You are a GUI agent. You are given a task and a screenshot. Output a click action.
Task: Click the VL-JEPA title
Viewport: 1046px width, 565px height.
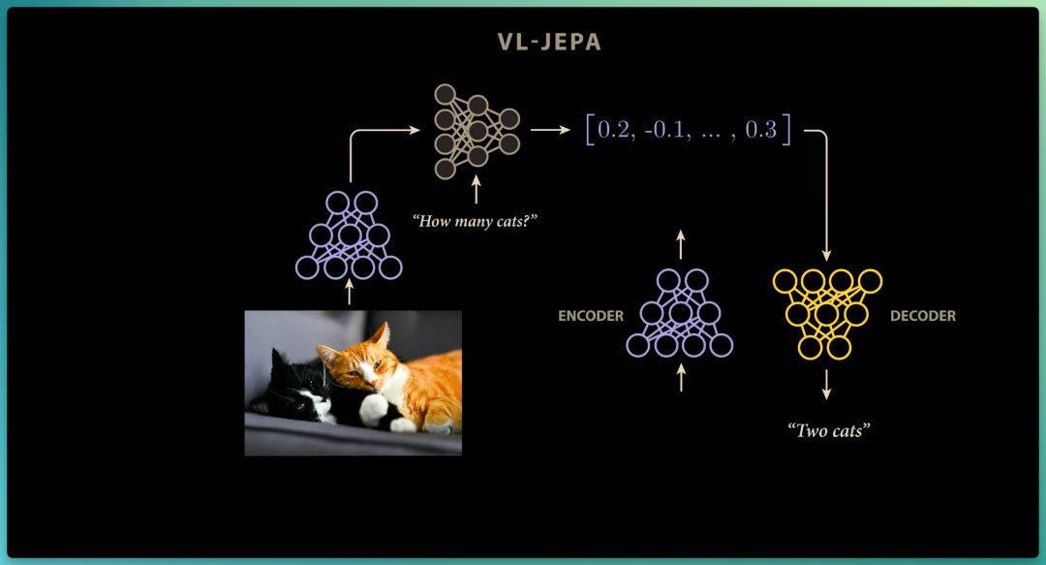tap(549, 42)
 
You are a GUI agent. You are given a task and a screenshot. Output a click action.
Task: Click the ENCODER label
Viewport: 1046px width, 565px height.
tap(591, 316)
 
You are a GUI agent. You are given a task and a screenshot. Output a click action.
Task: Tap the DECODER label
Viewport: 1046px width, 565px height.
tap(923, 316)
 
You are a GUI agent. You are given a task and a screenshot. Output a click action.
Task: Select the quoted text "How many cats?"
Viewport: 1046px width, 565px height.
tap(475, 221)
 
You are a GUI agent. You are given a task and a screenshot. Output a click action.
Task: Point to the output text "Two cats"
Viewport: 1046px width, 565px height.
tap(828, 430)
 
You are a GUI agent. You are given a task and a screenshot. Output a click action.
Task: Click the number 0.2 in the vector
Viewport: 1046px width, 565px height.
tap(613, 130)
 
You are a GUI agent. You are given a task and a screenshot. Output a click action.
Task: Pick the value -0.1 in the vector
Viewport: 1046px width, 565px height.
tap(666, 130)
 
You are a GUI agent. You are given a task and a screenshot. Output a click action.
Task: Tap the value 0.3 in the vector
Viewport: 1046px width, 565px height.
tap(760, 130)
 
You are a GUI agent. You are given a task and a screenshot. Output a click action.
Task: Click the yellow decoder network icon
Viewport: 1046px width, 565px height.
tap(827, 314)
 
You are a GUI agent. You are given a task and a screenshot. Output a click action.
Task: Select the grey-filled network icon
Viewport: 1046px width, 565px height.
tap(477, 131)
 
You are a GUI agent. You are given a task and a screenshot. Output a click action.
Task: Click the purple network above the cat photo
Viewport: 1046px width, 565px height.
tap(349, 235)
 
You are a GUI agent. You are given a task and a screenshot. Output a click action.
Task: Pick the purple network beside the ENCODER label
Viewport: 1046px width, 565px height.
tap(680, 313)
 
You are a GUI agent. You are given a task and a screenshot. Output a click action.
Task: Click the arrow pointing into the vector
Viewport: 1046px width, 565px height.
tap(550, 130)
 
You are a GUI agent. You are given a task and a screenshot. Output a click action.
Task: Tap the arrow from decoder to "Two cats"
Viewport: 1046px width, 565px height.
tap(826, 385)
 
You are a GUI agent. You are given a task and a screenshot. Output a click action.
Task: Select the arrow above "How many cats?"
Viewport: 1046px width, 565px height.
tap(476, 190)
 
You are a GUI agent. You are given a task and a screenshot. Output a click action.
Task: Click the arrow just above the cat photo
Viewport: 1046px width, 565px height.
tap(349, 292)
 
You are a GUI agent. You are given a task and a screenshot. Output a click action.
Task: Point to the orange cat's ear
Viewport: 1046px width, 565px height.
tap(381, 334)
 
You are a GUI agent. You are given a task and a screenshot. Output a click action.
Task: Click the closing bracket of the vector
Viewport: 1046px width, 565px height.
tap(787, 130)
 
